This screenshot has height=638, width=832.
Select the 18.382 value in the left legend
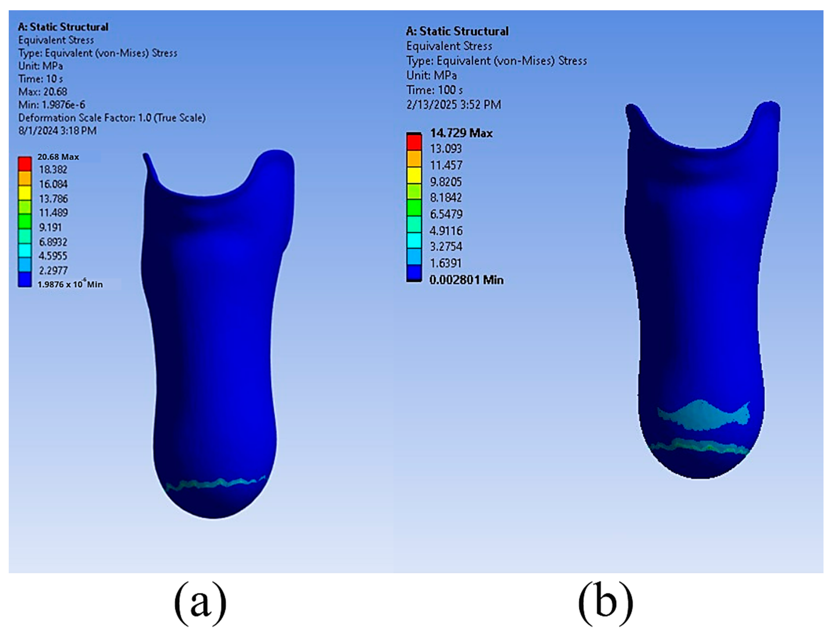pyautogui.click(x=53, y=170)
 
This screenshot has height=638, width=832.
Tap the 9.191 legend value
pyautogui.click(x=50, y=227)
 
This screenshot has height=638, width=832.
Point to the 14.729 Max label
pyautogui.click(x=461, y=133)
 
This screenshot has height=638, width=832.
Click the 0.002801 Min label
pyautogui.click(x=466, y=280)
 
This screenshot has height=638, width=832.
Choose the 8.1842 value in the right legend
pyautogui.click(x=446, y=198)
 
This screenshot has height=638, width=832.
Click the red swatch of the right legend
pyautogui.click(x=414, y=142)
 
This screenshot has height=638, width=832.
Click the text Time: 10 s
pyautogui.click(x=41, y=79)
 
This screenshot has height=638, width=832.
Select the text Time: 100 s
pyautogui.click(x=434, y=90)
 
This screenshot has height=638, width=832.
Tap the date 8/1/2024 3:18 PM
pyautogui.click(x=57, y=131)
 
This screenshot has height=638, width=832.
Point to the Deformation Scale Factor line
pyautogui.click(x=112, y=118)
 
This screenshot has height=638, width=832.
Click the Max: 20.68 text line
pyautogui.click(x=43, y=92)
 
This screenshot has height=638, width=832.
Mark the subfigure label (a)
pyautogui.click(x=200, y=603)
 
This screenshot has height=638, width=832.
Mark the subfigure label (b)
pyautogui.click(x=605, y=603)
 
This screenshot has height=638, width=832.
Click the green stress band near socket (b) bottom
pyautogui.click(x=699, y=446)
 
